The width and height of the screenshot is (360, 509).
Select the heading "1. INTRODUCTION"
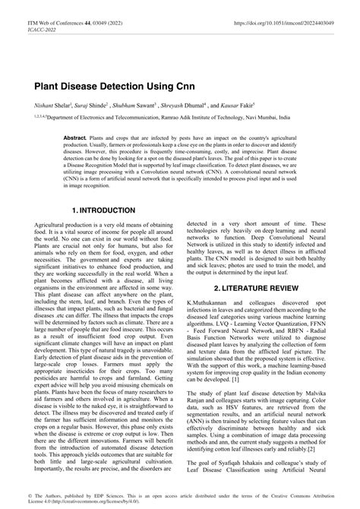(x=103, y=210)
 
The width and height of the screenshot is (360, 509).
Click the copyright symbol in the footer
(x=37, y=495)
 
